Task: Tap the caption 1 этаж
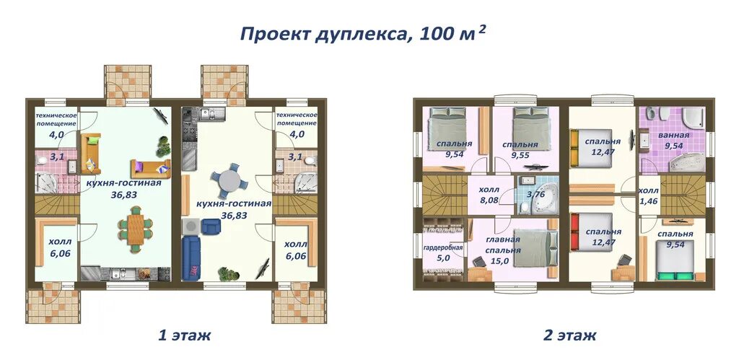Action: click(184, 335)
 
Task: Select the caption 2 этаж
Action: click(570, 335)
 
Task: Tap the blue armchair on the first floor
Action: click(211, 226)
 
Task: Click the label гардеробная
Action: click(443, 247)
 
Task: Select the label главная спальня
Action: click(503, 245)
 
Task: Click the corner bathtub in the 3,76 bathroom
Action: click(546, 204)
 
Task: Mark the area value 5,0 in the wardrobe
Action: click(443, 258)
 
